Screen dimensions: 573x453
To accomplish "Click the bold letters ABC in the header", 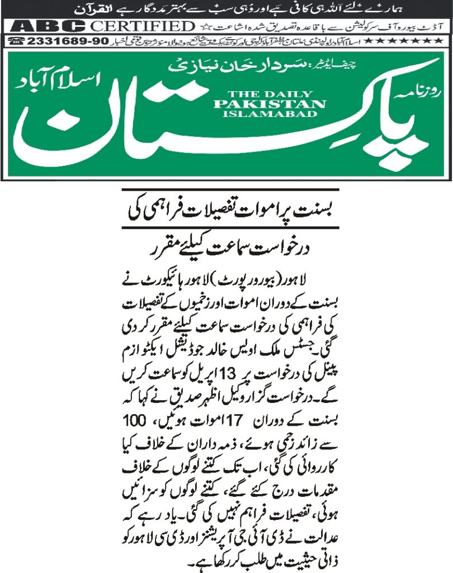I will point(48,26).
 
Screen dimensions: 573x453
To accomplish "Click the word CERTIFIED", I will point(141,26).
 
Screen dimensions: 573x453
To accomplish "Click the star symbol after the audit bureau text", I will point(202,26).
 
